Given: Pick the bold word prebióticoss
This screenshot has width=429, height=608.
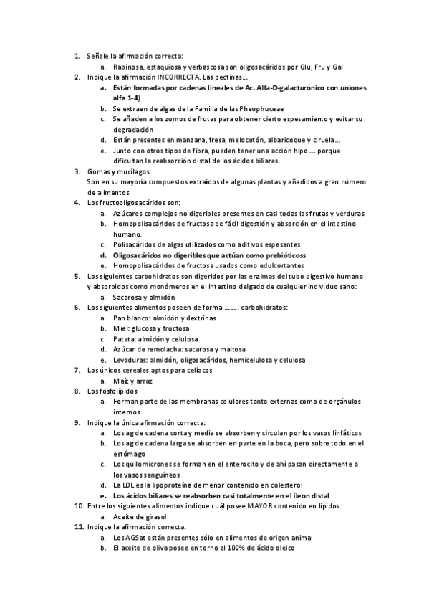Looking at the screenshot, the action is click(284, 255).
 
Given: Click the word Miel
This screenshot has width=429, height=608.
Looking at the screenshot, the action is click(120, 328).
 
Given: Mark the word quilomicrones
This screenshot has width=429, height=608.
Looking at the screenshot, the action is click(146, 464).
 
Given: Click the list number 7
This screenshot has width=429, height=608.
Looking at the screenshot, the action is click(78, 370).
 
